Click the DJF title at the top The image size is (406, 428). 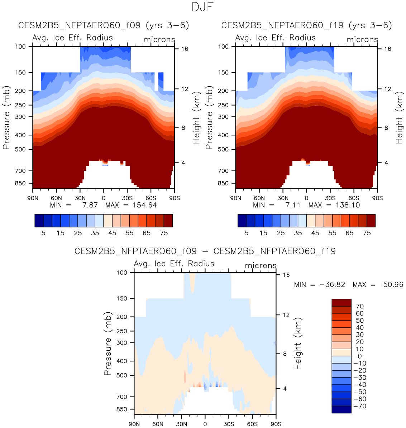203,7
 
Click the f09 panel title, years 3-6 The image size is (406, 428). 104,25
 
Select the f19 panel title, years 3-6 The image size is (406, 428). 307,25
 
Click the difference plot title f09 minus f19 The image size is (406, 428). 205,251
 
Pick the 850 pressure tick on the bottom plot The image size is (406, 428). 122,409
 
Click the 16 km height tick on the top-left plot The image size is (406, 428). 185,49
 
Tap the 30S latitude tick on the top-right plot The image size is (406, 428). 330,198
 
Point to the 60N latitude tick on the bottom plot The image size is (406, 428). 158,424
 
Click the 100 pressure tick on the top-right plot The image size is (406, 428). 223,47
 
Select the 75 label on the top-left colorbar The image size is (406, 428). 164,233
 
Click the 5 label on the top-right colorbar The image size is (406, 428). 246,233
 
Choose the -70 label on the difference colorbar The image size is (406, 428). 359,406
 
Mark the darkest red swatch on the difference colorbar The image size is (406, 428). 341,303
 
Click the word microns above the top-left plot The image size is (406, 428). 159,39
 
